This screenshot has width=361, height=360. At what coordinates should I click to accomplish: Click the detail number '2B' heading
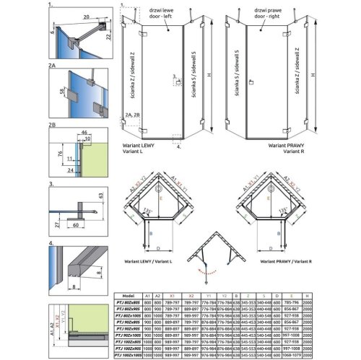(x=52, y=125)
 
